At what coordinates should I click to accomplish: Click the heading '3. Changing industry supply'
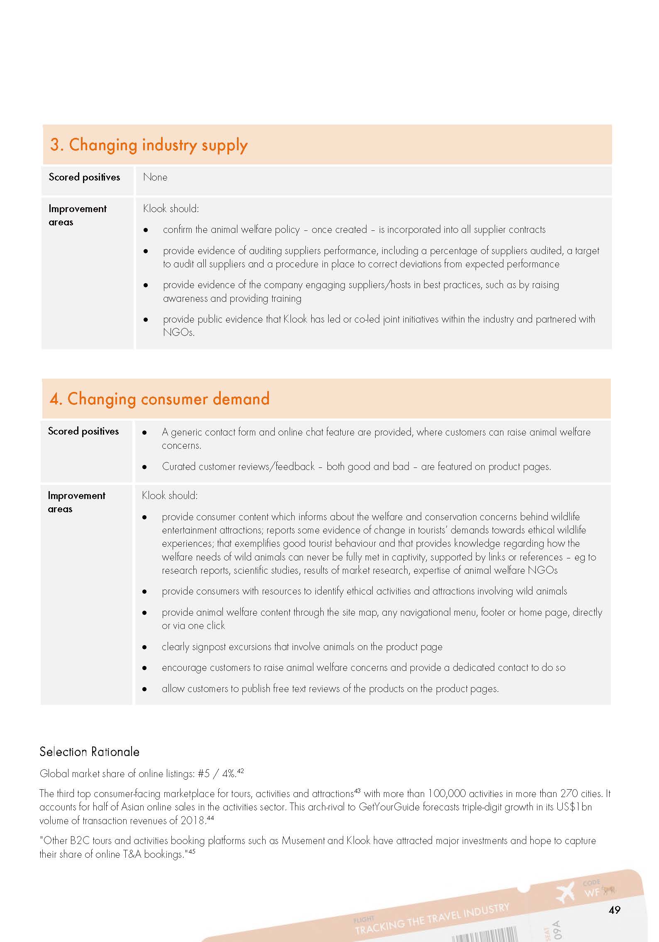click(149, 145)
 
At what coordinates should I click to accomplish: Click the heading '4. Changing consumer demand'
click(159, 399)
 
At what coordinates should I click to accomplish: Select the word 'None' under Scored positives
click(155, 177)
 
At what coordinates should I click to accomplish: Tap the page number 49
click(614, 910)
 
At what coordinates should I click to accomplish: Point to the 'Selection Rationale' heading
click(89, 751)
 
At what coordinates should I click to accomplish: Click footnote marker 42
click(240, 771)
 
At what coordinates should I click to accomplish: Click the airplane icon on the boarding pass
click(565, 892)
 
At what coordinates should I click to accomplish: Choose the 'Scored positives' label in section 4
click(83, 431)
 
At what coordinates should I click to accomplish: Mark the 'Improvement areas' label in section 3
click(77, 215)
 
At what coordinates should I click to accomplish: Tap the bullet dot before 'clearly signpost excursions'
click(144, 647)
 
